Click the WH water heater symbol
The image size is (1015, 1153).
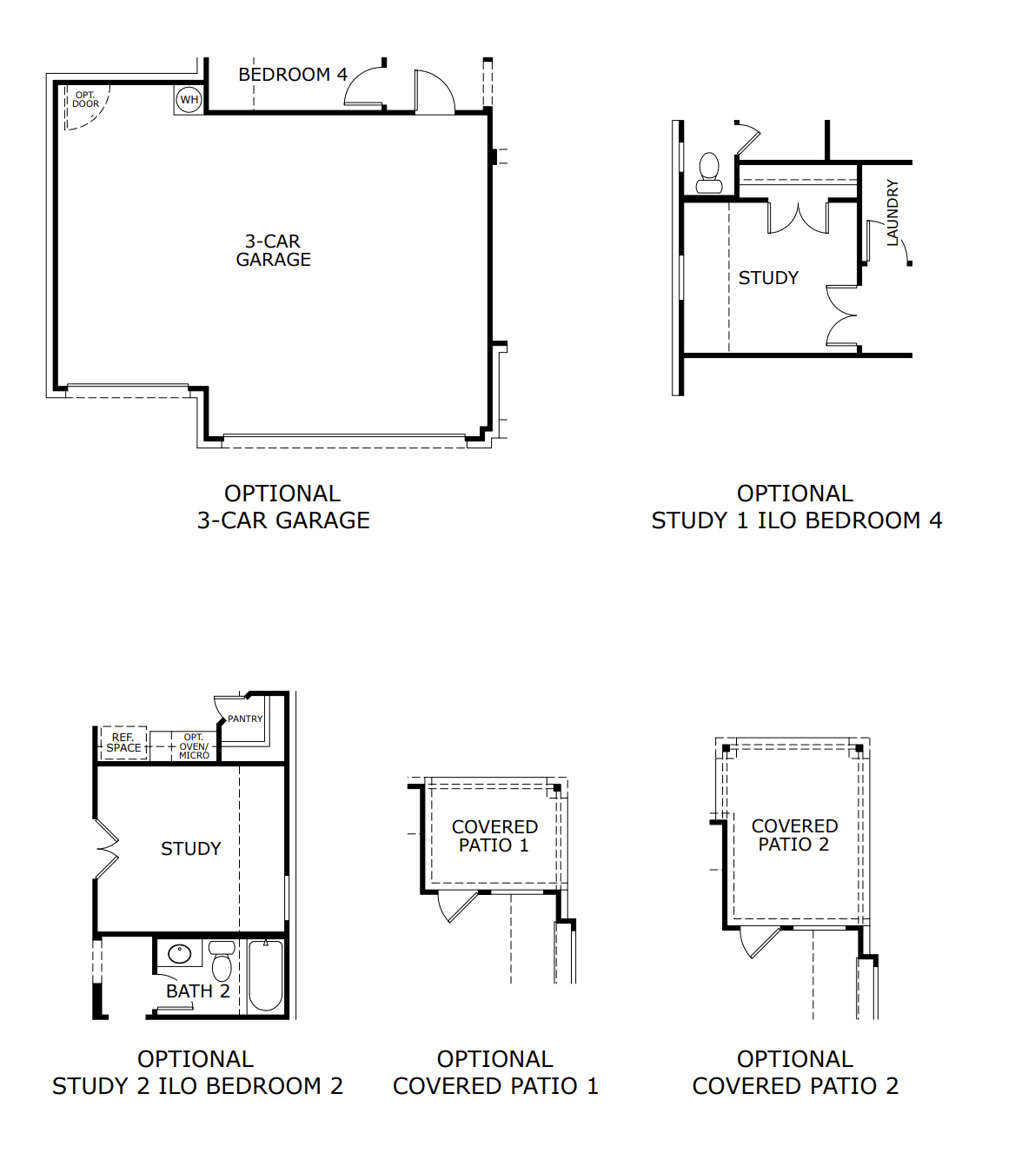point(189,100)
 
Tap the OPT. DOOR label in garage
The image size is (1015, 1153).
point(85,100)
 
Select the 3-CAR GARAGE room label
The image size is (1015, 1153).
point(273,250)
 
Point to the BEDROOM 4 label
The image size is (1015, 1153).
point(293,75)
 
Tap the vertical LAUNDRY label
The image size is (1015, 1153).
point(892,213)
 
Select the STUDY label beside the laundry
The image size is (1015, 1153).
point(768,278)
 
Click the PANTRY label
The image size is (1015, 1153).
point(244,719)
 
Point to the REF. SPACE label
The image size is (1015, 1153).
point(123,743)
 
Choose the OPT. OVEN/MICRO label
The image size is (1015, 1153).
point(194,746)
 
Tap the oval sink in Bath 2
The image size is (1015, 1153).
point(180,954)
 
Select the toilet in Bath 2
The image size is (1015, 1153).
point(222,962)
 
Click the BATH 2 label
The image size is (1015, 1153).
point(197,991)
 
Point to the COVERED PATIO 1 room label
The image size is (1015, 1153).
point(494,836)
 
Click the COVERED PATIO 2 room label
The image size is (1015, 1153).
point(794,835)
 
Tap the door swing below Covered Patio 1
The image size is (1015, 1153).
point(456,905)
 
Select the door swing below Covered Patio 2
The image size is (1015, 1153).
point(758,941)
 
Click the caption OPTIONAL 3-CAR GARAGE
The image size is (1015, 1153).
point(282,507)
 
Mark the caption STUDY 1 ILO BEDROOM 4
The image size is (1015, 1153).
point(796,520)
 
